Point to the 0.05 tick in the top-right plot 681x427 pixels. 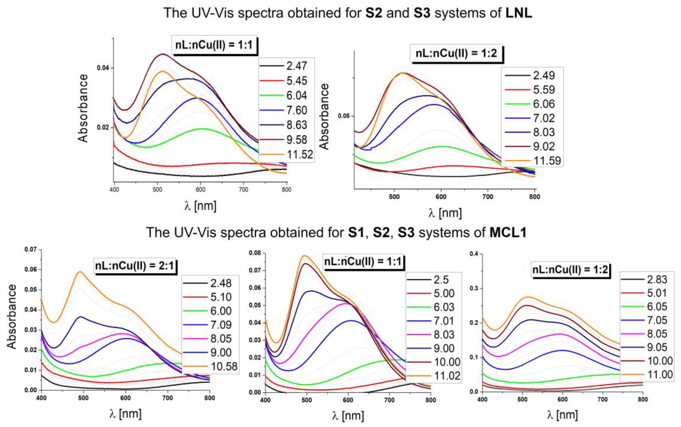(344, 116)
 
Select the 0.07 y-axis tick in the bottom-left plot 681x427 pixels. (31, 249)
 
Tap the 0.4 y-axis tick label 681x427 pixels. (474, 254)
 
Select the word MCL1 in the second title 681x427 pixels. (508, 233)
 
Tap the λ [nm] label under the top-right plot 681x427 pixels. (445, 213)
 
